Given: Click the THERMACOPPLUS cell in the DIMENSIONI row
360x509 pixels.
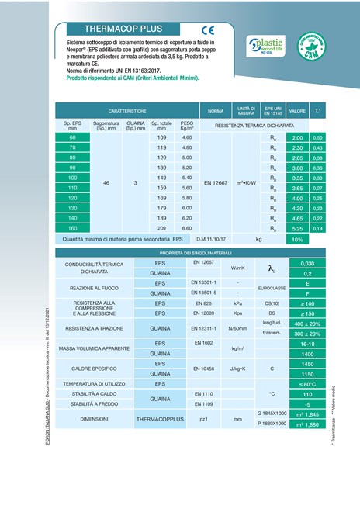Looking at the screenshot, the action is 159,419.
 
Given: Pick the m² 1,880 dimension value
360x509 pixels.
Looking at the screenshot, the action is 306,424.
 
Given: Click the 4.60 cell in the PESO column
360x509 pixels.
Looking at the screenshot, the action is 186,137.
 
